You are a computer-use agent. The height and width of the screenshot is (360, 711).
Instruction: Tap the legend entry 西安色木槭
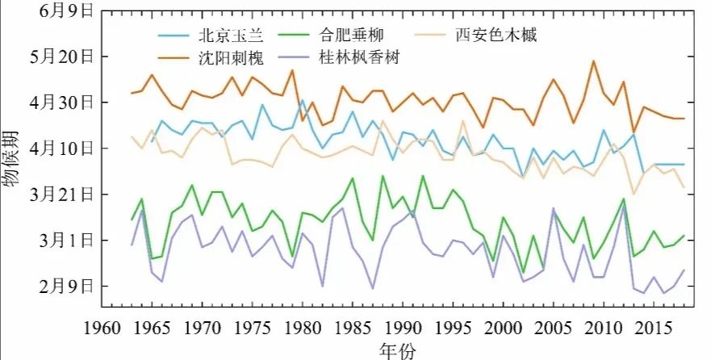[495, 35]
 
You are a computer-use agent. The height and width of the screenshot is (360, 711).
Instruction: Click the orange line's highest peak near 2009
[593, 61]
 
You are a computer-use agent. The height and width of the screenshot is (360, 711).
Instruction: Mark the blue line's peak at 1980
[303, 99]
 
